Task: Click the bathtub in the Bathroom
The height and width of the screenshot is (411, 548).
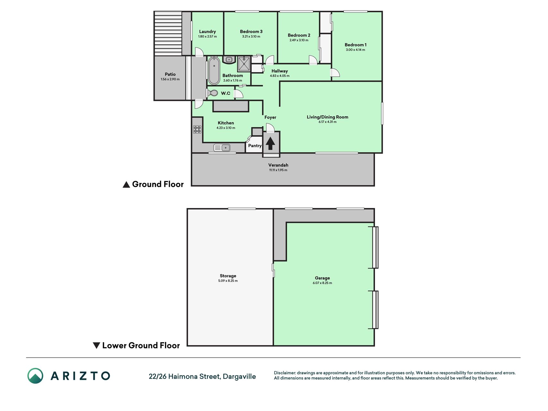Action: [x=214, y=71]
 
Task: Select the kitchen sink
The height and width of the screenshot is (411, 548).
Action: [x=222, y=148]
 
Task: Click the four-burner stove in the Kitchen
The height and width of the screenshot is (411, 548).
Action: [x=197, y=129]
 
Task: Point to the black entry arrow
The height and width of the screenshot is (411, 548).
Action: [x=270, y=144]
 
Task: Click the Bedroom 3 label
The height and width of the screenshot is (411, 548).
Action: [x=251, y=31]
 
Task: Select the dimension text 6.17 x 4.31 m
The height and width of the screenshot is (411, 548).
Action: [x=327, y=122]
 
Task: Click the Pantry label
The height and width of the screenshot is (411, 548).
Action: [x=255, y=146]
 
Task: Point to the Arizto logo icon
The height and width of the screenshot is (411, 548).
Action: [x=35, y=376]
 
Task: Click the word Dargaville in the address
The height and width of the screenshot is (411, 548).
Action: [x=239, y=377]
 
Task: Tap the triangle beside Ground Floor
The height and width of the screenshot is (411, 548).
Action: [x=126, y=185]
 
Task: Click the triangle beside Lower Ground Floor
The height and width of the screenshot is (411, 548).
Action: [x=96, y=345]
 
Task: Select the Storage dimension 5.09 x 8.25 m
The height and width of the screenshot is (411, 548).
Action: [x=228, y=281]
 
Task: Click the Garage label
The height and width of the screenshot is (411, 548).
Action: [x=322, y=278]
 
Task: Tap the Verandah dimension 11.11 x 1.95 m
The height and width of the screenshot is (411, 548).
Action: [x=278, y=170]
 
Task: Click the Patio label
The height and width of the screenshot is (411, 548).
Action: [x=170, y=74]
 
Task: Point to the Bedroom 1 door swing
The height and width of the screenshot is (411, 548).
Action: [x=335, y=73]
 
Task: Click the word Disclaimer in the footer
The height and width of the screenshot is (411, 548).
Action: [x=284, y=373]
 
